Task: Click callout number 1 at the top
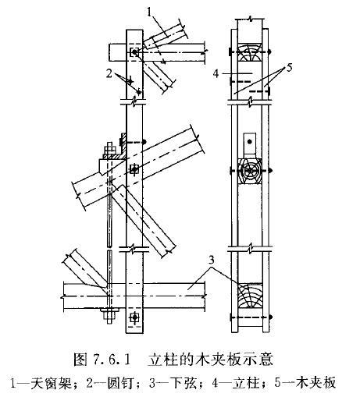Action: (149, 12)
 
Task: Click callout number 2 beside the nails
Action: (109, 73)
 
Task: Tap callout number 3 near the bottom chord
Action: (212, 260)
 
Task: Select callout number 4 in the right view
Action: (216, 73)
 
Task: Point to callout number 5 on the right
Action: (289, 68)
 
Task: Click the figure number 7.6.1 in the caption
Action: (111, 360)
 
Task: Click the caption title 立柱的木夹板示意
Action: (210, 360)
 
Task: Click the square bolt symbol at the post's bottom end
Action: (134, 317)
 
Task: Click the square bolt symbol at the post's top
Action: (134, 52)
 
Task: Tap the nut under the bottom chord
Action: (109, 315)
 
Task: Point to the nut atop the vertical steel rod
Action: (109, 151)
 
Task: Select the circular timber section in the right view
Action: (250, 171)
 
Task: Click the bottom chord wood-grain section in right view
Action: (250, 296)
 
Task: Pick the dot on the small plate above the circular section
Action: (250, 142)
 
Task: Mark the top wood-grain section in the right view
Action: (250, 52)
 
